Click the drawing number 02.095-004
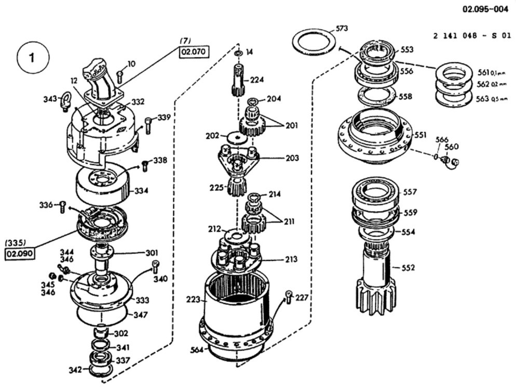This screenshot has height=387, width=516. (x=486, y=9)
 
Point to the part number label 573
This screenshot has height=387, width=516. (x=342, y=28)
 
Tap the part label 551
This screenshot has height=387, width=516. (x=421, y=135)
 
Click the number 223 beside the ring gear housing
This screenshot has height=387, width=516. (x=193, y=299)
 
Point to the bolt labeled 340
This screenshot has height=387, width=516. (x=155, y=267)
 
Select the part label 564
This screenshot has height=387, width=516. (x=197, y=350)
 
